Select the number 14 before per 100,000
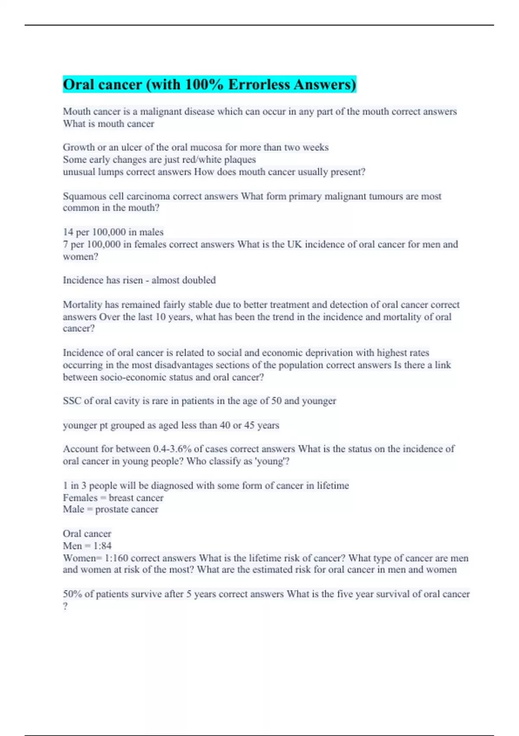68,232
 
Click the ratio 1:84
103,546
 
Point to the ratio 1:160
116,558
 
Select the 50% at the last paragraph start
72,594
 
